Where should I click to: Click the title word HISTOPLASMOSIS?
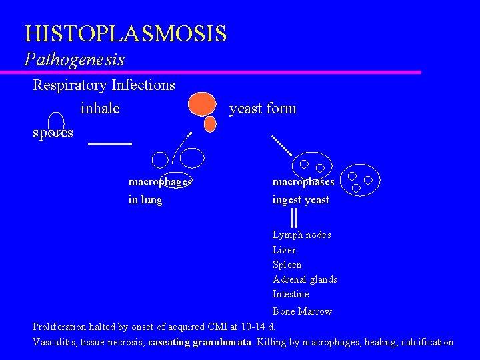(125, 33)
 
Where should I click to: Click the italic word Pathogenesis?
(75, 59)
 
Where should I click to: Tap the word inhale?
(99, 108)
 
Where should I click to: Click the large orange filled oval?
(202, 104)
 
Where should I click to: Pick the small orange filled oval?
(210, 124)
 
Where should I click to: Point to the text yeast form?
(263, 108)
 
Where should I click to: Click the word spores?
(53, 133)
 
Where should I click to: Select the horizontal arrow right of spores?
(110, 143)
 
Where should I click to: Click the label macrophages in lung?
(159, 190)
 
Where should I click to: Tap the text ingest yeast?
(301, 199)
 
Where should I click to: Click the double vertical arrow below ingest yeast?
(294, 217)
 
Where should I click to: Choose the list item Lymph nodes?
(301, 235)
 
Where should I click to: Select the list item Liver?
(284, 250)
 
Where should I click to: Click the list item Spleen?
(287, 265)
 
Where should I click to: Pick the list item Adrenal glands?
(305, 279)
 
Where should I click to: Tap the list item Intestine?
(291, 294)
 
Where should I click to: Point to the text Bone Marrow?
(302, 311)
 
